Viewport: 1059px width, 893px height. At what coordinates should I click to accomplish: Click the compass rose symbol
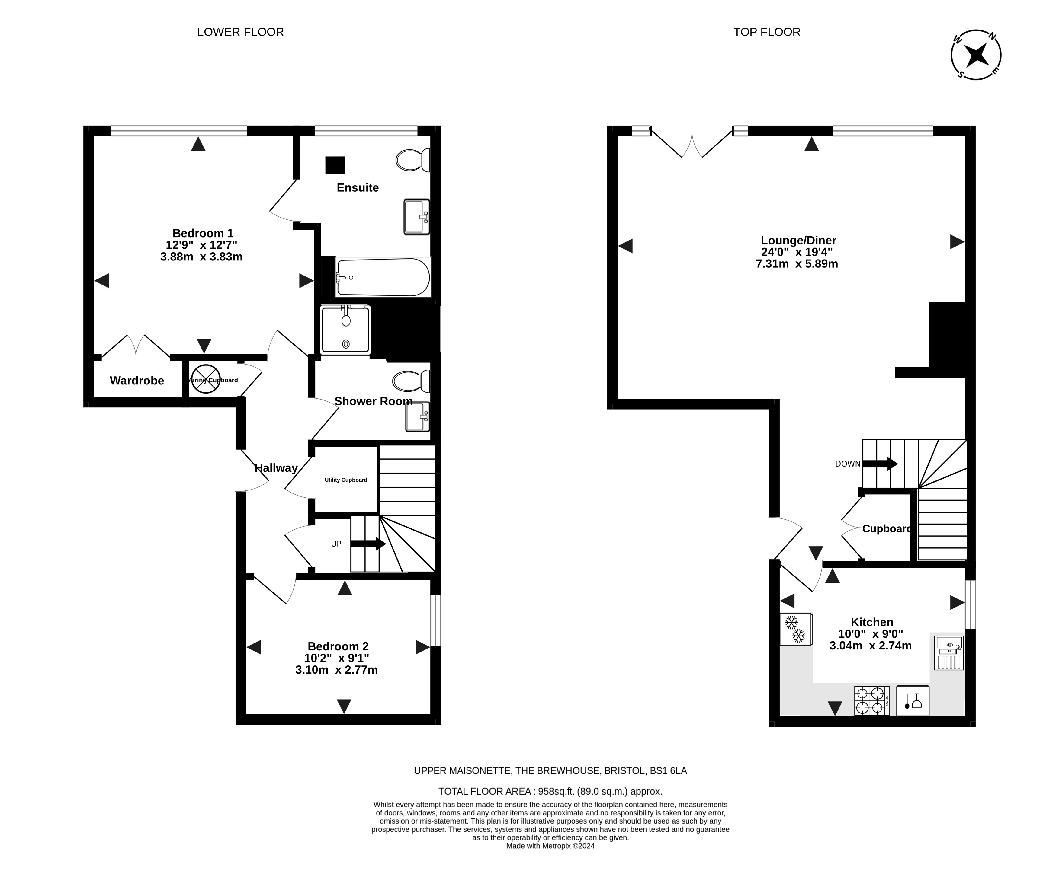coord(976,55)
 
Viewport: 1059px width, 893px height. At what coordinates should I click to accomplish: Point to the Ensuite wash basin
coord(417,217)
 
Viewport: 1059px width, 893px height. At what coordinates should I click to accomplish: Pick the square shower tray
coord(345,330)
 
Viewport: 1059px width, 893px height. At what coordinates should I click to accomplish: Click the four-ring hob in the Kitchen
coord(871,701)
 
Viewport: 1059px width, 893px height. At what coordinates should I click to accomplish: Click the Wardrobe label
coord(137,381)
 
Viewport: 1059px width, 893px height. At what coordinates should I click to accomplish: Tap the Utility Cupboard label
coord(346,480)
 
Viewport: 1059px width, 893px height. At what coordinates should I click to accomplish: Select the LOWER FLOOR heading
coord(241,32)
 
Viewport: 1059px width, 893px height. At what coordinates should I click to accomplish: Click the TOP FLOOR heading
coord(767,32)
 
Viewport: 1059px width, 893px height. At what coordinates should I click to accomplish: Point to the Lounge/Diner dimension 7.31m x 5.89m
coord(797,264)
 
